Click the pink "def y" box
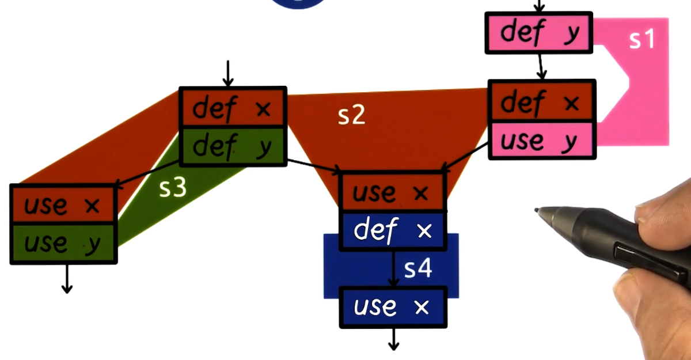tap(538, 33)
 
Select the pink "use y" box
tap(541, 141)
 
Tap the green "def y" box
tap(233, 147)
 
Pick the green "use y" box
tap(63, 244)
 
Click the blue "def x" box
tap(393, 230)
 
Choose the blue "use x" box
tap(393, 306)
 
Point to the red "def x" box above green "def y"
tap(233, 107)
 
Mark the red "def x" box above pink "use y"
tap(541, 103)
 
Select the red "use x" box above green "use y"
tap(63, 204)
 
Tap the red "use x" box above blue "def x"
tap(393, 191)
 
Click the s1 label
tap(642, 39)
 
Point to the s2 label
tap(351, 116)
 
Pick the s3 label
tap(173, 188)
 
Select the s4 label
tap(418, 268)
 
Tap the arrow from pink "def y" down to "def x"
tap(540, 67)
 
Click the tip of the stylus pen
tap(537, 210)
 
